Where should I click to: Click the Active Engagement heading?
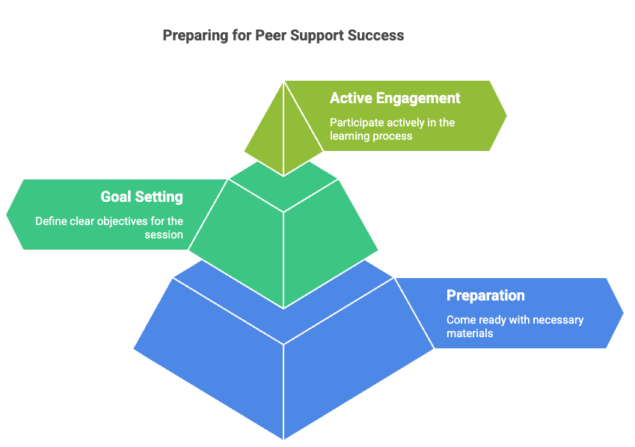(x=395, y=99)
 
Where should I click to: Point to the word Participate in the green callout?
(x=357, y=123)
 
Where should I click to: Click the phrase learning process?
(x=371, y=136)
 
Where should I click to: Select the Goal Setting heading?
(x=142, y=197)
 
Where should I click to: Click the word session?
(x=164, y=235)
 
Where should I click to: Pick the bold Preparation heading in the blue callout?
(x=485, y=295)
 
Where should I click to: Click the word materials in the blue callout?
(x=470, y=333)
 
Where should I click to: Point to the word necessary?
(x=558, y=320)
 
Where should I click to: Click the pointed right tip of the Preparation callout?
(x=623, y=313)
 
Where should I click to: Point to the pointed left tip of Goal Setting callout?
(x=7, y=215)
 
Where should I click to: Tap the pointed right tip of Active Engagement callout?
(x=506, y=116)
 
